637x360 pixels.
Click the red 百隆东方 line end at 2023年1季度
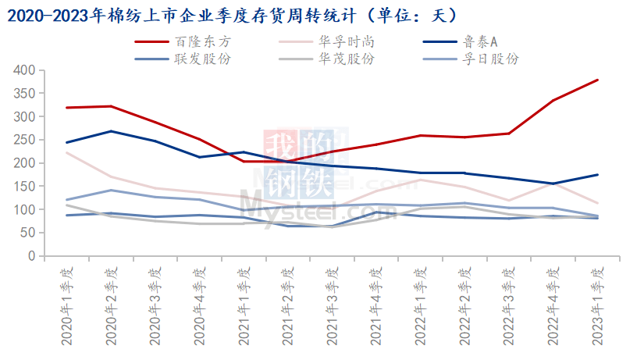(598, 80)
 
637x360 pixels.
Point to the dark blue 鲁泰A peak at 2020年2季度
(111, 131)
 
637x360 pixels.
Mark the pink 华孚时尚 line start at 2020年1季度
(67, 152)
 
